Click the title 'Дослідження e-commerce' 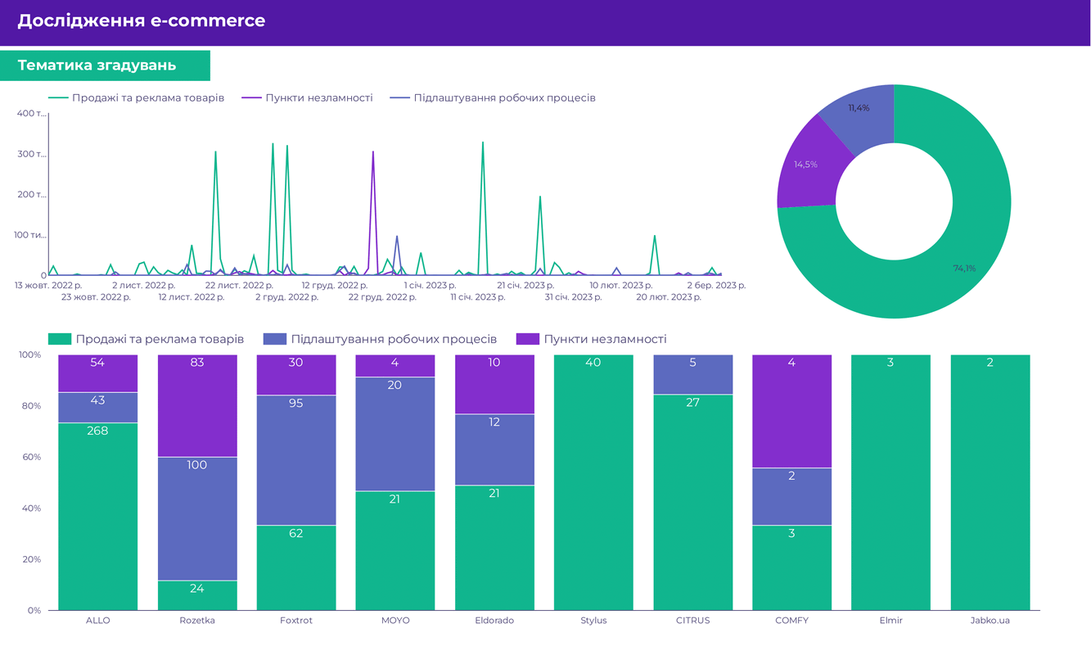point(141,21)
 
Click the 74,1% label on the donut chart point(964,268)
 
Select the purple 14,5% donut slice point(804,165)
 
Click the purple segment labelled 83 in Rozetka point(197,406)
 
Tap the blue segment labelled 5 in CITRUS point(692,375)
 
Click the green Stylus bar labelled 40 point(593,483)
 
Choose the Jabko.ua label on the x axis point(990,621)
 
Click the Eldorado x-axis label point(494,621)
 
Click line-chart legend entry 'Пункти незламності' point(318,98)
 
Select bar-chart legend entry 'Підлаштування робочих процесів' point(393,339)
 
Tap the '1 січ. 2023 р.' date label point(430,286)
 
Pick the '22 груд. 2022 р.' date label point(382,297)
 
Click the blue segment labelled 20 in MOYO point(395,434)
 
